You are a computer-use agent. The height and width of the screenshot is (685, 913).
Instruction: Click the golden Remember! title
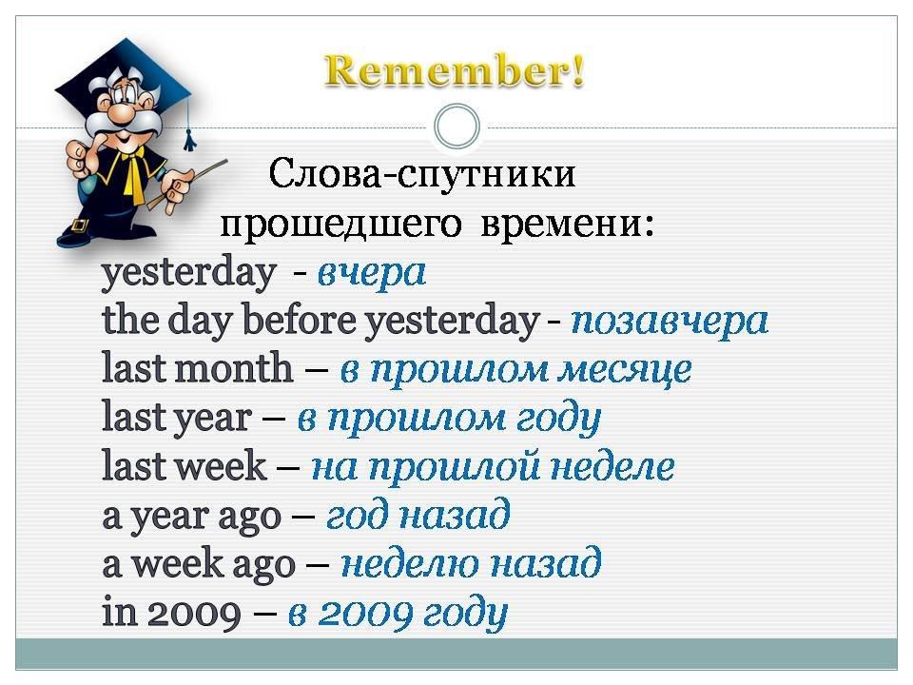[455, 71]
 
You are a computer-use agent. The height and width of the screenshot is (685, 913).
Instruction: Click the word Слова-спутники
[422, 173]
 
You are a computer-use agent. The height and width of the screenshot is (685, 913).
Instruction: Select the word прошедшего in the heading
[340, 224]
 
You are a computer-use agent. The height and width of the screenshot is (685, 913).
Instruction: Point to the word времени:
[567, 223]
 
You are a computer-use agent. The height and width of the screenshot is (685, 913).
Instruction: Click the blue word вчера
[372, 273]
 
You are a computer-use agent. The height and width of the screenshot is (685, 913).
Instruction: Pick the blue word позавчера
[670, 321]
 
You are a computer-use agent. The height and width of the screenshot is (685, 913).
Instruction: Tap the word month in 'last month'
[234, 367]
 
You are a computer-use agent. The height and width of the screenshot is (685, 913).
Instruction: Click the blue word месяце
[624, 370]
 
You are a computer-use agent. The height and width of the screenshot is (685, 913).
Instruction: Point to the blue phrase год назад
[418, 515]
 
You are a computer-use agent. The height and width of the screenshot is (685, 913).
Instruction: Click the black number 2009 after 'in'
[194, 614]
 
